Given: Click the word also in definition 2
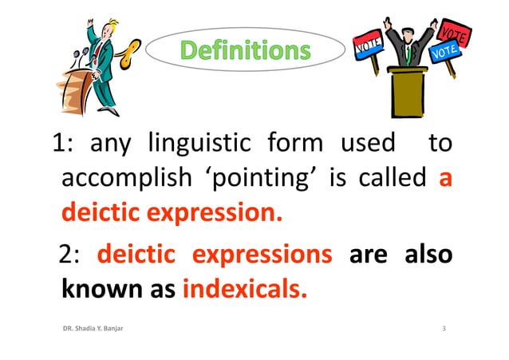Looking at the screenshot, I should point(428,255).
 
